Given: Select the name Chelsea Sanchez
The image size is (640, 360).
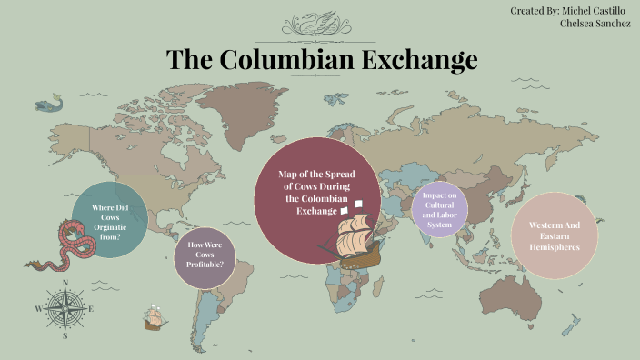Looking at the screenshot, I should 596,24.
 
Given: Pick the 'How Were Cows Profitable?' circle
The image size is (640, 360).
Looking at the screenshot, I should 205,258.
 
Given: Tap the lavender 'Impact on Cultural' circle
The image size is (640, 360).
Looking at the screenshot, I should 440,210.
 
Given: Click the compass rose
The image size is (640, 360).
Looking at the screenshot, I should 64,308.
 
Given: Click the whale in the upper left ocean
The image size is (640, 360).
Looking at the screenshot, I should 49,105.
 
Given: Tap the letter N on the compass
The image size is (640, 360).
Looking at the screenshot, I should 64,282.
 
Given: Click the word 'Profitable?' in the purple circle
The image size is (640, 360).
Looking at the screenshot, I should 205,265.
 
